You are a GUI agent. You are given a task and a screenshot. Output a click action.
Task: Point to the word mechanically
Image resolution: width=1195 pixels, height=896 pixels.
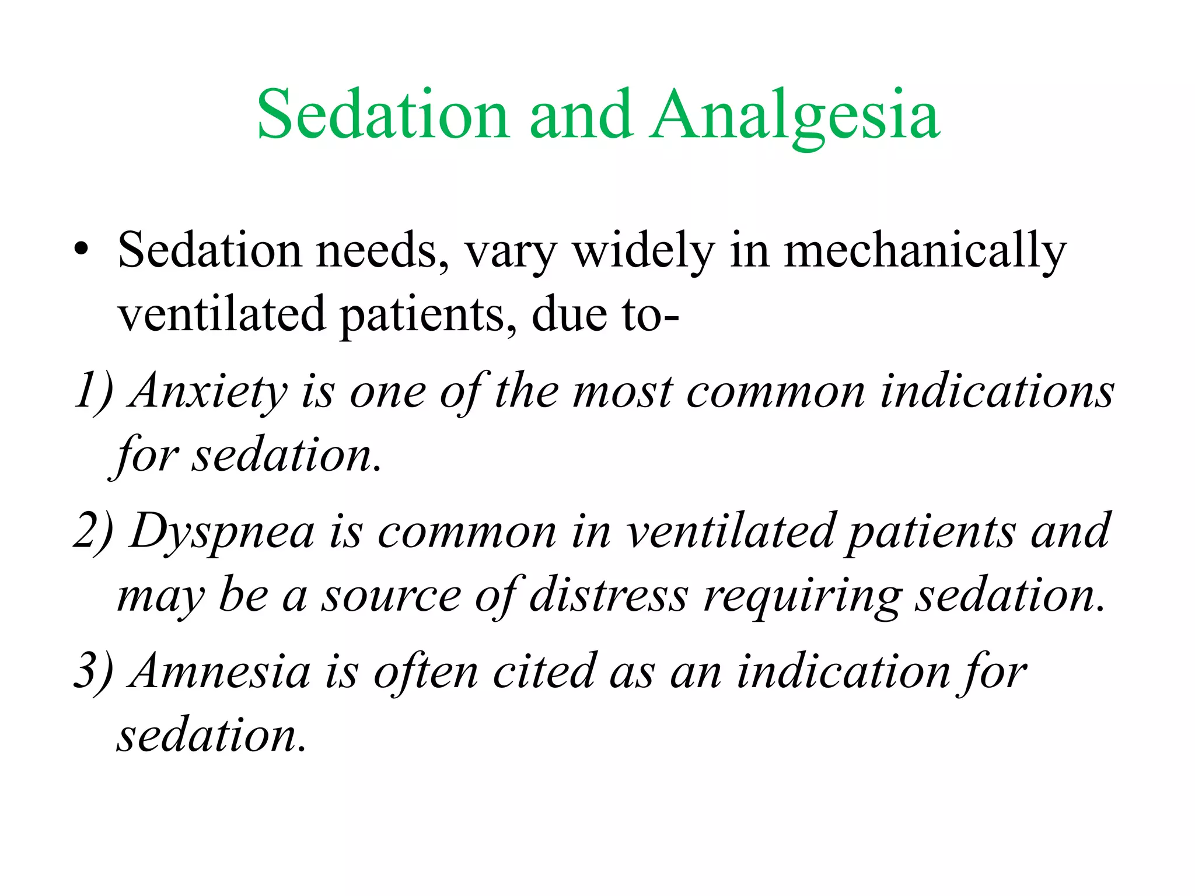point(925,251)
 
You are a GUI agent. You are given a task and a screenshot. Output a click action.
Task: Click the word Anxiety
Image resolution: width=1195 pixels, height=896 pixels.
point(210,391)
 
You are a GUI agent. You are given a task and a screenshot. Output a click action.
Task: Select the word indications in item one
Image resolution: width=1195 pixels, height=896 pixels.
point(997,391)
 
